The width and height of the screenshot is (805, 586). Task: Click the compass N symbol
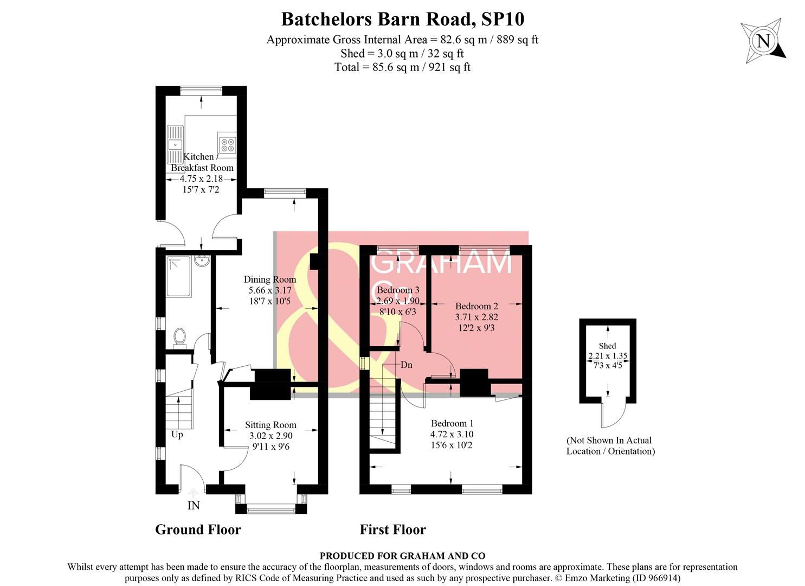click(763, 41)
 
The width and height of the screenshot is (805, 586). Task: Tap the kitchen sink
click(175, 144)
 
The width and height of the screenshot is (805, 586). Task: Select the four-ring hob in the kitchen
click(228, 144)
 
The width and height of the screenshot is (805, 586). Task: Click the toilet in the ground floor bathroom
click(180, 337)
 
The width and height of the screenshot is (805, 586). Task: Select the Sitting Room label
click(271, 425)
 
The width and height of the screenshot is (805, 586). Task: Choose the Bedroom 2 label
click(476, 306)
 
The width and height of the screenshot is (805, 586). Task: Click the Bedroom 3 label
click(398, 290)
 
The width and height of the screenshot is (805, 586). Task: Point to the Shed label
click(607, 346)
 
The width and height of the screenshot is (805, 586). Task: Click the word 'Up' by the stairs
click(177, 435)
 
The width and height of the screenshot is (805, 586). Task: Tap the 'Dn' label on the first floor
click(407, 365)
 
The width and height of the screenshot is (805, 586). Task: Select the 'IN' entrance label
click(194, 506)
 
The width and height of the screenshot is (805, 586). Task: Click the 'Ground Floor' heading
click(198, 530)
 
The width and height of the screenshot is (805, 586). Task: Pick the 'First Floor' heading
click(392, 530)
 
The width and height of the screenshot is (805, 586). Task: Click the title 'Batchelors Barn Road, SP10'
click(402, 19)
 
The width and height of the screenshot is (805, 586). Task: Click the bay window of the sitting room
click(271, 508)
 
